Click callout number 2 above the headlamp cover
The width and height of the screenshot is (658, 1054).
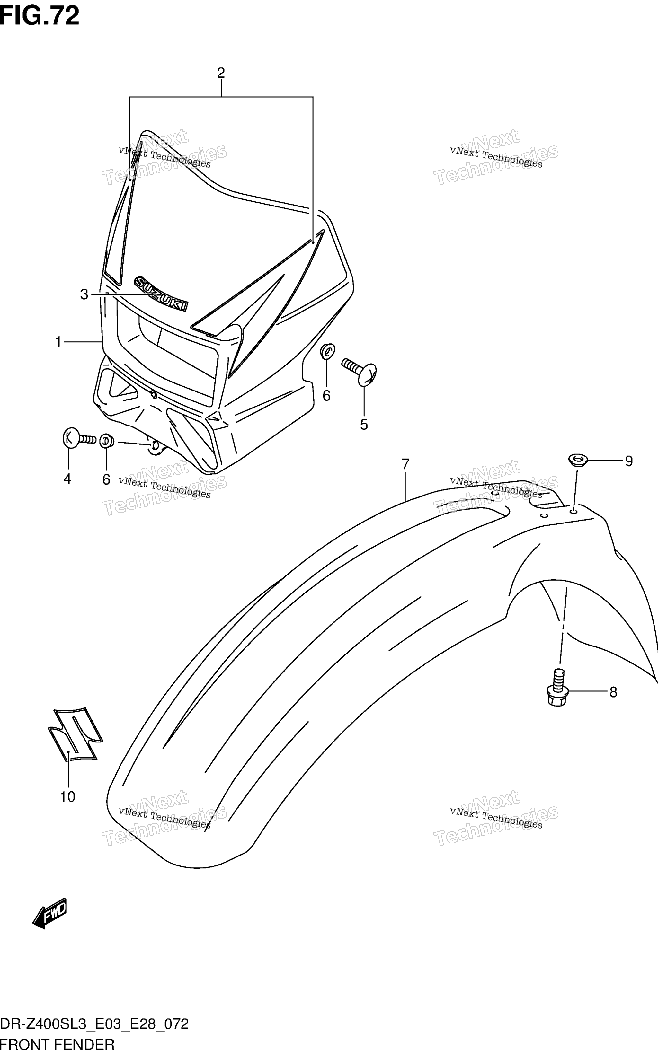tap(221, 73)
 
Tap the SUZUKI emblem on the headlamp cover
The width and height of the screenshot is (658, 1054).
tap(161, 293)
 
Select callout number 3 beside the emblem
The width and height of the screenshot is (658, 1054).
tap(84, 294)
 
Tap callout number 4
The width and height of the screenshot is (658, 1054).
tap(67, 479)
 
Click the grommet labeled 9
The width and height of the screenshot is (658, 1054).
tap(578, 460)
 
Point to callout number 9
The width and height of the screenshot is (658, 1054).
tap(629, 461)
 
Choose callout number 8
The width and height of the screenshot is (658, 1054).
tap(613, 692)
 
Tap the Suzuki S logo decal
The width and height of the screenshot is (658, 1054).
tap(75, 735)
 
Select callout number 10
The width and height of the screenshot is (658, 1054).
tap(68, 797)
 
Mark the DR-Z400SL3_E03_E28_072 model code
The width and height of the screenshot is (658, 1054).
tap(94, 1024)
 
